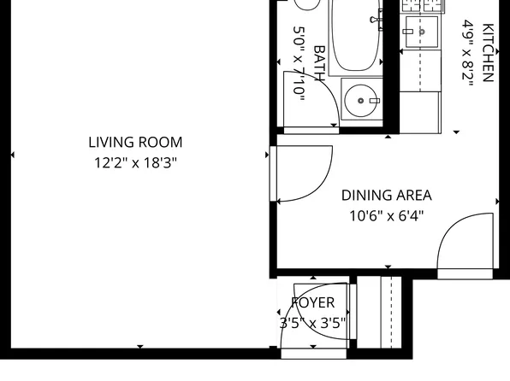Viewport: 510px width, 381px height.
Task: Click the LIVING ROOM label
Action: pos(135,143)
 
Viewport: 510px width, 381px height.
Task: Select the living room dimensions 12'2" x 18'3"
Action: pos(135,162)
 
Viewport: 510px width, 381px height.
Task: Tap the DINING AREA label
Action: pos(386,195)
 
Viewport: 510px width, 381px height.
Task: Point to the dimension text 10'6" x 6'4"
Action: pos(386,216)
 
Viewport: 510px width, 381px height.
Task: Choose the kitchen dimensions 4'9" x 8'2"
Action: pos(468,51)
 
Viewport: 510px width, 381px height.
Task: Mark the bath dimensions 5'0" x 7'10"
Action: pos(299,64)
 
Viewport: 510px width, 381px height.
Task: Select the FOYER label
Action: pos(313,303)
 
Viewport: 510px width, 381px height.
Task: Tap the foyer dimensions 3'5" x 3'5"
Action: pos(313,323)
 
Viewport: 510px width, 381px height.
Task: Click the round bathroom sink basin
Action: pos(361,101)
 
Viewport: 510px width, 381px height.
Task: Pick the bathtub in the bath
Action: pos(356,38)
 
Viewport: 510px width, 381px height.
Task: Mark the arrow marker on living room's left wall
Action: pos(11,155)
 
